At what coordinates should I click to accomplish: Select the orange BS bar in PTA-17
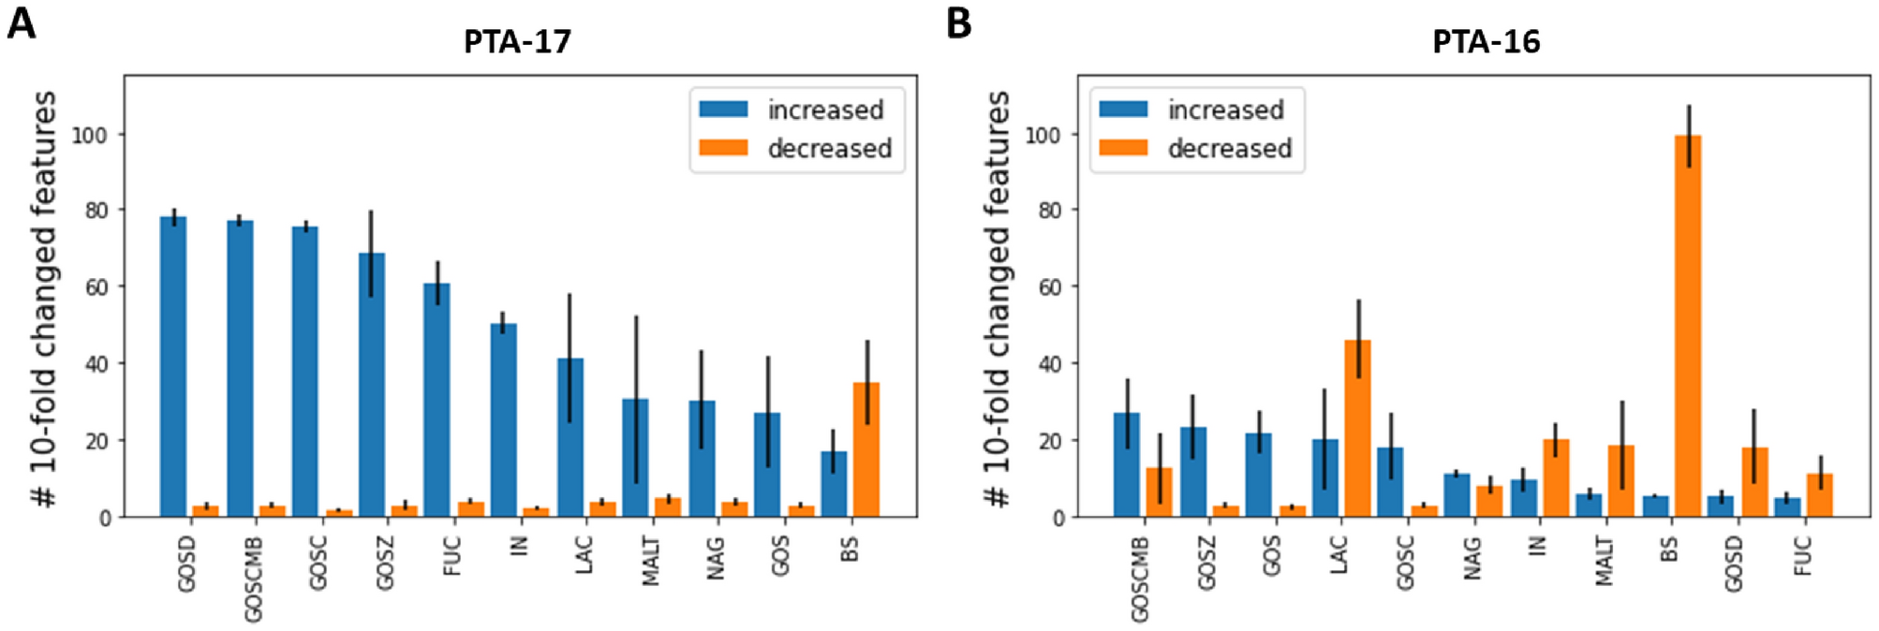point(866,449)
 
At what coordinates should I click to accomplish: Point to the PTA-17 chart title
point(517,41)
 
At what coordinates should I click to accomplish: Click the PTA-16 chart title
point(1486,41)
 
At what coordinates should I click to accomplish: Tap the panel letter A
point(21,22)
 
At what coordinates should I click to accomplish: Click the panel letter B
point(959,22)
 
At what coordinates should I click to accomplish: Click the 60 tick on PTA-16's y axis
point(1050,286)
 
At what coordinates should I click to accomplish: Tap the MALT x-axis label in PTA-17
point(651,562)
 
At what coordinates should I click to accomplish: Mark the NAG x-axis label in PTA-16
point(1472,558)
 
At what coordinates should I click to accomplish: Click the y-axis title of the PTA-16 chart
point(999,300)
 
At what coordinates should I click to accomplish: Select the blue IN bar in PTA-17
point(504,420)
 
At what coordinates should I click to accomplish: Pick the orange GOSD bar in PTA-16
point(1754,482)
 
